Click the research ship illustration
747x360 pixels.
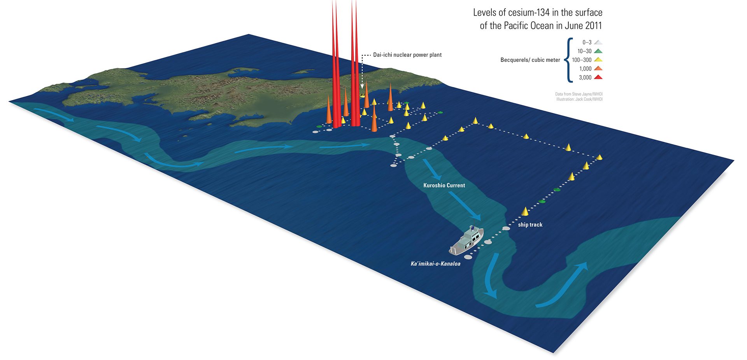467,241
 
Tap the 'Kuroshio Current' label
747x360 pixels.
444,185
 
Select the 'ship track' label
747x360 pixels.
530,225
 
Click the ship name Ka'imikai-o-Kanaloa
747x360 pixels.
435,263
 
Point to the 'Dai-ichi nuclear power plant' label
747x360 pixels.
407,55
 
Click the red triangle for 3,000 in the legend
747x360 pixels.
598,77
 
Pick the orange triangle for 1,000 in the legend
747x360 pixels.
598,68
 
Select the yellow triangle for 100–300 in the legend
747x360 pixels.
598,60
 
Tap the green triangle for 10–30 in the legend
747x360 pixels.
598,51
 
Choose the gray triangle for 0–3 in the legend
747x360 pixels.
598,42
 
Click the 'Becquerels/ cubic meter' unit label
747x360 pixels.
530,60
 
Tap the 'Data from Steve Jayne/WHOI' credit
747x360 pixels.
579,94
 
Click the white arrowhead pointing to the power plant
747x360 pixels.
362,86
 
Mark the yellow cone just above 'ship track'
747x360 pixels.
525,211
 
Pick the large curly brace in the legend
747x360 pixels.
569,60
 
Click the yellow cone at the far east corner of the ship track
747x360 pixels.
599,157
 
